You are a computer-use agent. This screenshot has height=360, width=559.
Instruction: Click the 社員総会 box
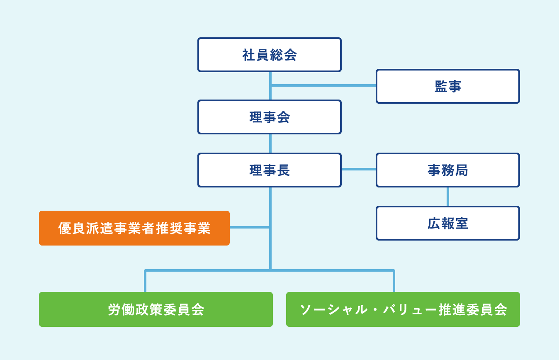(x=270, y=55)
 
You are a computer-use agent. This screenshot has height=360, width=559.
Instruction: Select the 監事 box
(x=448, y=86)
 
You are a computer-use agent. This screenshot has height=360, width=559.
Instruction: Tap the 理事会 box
(x=270, y=117)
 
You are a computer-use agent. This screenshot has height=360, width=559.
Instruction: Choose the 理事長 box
(x=270, y=170)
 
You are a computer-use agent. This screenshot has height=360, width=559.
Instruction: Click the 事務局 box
(x=448, y=170)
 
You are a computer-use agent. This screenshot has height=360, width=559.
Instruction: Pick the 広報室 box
(x=448, y=223)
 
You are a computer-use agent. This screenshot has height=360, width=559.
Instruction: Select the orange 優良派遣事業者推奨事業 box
(x=134, y=228)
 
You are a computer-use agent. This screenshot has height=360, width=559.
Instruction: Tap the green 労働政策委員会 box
(x=156, y=309)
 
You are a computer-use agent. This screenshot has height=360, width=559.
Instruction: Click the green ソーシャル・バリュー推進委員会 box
(x=403, y=309)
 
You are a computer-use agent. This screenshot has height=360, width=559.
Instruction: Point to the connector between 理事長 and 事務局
(x=359, y=169)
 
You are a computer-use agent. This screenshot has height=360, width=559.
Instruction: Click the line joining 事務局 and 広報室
(x=448, y=197)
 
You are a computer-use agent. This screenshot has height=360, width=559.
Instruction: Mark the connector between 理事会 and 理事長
(x=270, y=144)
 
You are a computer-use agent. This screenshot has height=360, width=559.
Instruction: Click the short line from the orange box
(x=249, y=227)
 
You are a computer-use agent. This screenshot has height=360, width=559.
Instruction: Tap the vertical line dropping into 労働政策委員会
(x=145, y=281)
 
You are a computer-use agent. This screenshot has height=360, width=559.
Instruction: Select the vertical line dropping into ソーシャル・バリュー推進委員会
(x=394, y=281)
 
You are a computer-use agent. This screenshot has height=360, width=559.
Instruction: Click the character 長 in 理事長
(x=284, y=170)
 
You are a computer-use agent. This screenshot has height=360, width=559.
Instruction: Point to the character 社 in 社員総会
(x=249, y=55)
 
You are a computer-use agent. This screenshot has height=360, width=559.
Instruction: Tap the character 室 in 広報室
(x=462, y=224)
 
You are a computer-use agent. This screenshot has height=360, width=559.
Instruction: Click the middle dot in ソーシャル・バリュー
(x=375, y=309)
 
